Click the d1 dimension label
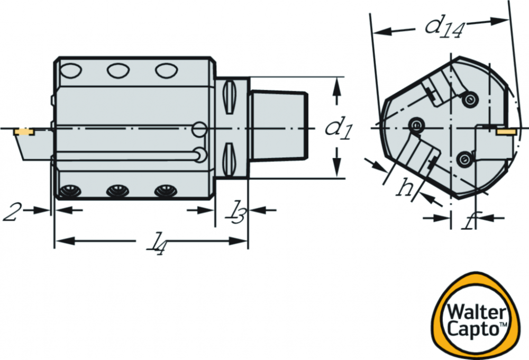click(339, 128)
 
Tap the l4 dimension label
click(156, 244)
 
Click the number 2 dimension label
click(11, 211)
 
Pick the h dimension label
click(405, 187)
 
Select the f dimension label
click(469, 220)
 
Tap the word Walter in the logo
click(477, 311)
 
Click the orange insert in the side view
click(23, 132)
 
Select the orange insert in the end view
click(506, 131)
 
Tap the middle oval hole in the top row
click(118, 70)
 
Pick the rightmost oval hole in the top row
click(166, 70)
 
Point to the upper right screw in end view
click(470, 100)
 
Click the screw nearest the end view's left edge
click(417, 125)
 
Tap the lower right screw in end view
click(464, 158)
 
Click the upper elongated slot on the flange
click(230, 97)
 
